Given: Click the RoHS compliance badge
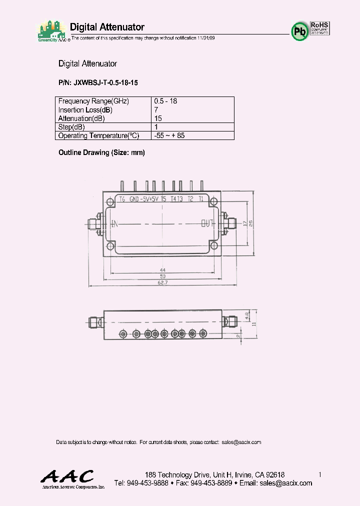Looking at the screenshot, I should click(x=319, y=28).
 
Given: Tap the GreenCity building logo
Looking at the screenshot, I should click(x=51, y=30).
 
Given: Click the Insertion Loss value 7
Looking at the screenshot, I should click(x=156, y=109).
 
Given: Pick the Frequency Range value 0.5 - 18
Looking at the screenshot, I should click(x=165, y=101).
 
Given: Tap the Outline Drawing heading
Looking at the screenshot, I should click(x=101, y=152).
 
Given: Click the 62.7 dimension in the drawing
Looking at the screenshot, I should click(x=162, y=282).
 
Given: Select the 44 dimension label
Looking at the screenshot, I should click(x=162, y=270).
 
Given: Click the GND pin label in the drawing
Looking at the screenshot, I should click(x=134, y=199).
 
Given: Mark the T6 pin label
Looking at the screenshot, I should click(x=121, y=199).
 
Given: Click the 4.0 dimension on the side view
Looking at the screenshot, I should click(x=246, y=316).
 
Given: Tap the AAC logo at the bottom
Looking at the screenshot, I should click(x=66, y=476).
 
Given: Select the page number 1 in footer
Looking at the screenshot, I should click(x=319, y=474).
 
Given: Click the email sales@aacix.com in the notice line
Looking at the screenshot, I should click(x=241, y=442).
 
